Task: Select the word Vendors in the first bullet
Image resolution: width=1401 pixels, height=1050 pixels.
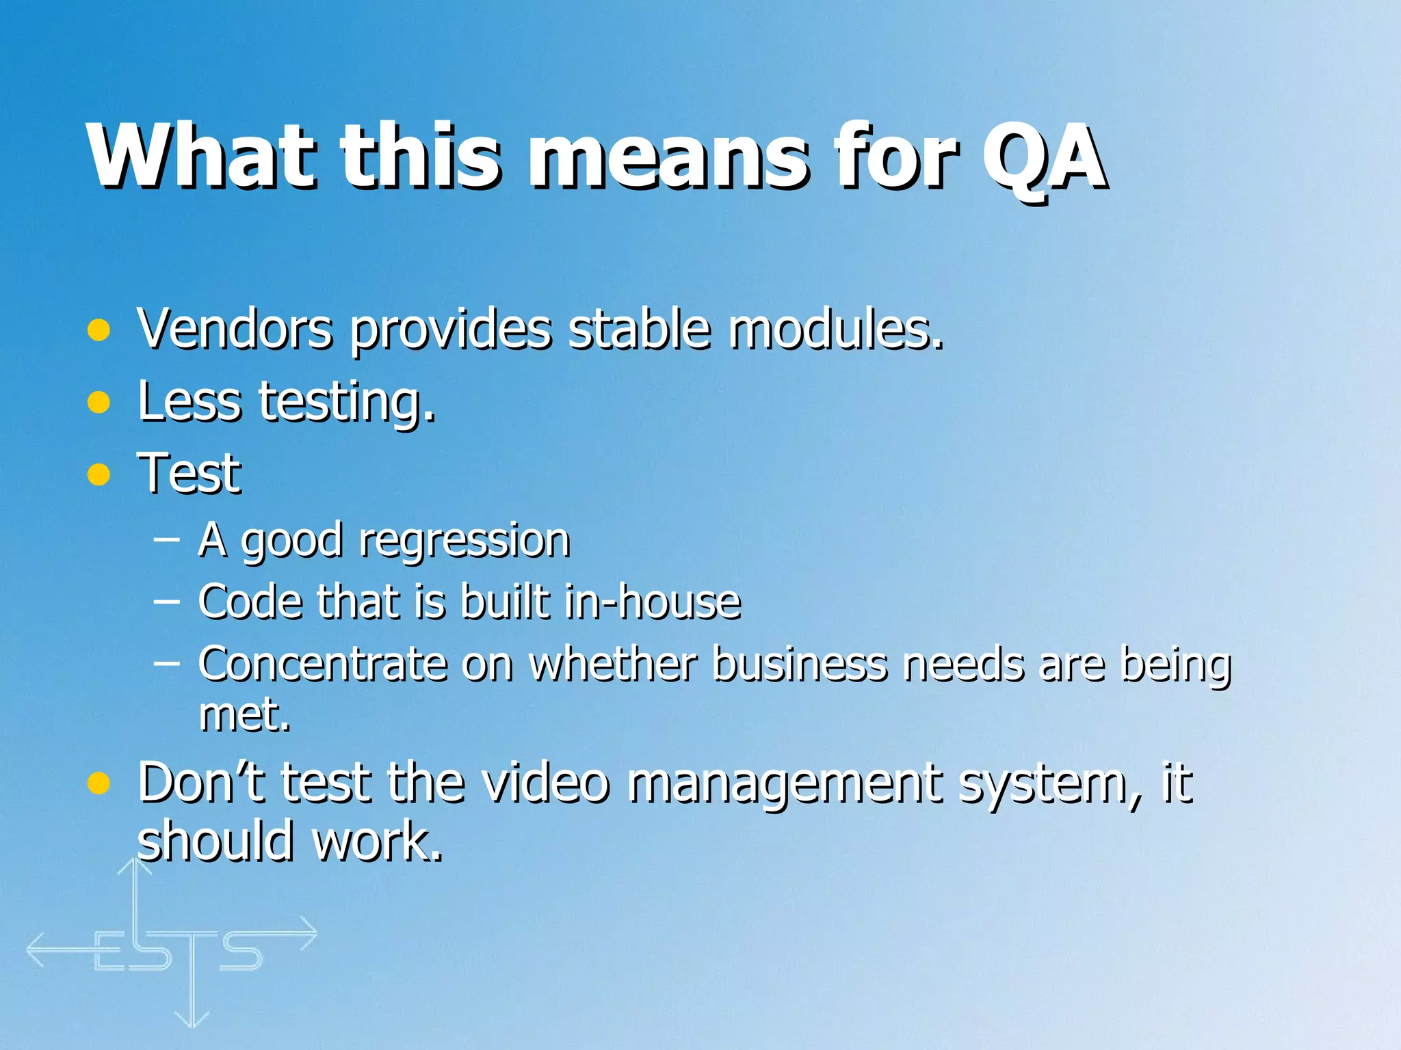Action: tap(235, 329)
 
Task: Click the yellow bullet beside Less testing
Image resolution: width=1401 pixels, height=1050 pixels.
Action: tap(99, 403)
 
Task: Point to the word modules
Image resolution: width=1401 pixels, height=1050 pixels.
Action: tap(835, 329)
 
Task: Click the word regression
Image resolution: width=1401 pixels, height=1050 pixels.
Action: tap(464, 541)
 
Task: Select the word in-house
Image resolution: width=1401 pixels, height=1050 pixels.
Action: tap(653, 602)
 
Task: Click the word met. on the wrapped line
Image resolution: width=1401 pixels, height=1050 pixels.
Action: tap(244, 714)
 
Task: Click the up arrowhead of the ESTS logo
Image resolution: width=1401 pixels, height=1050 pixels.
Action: tap(134, 866)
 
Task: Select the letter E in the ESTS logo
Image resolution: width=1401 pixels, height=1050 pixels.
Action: tap(109, 952)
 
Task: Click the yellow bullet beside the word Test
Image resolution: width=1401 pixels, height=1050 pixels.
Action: tap(99, 474)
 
